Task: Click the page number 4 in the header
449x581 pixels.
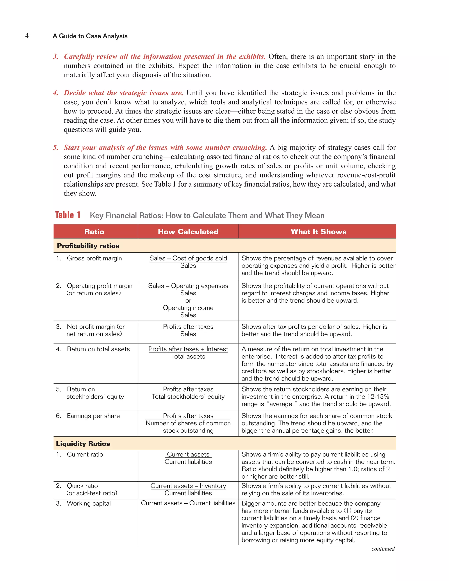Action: pos(27,36)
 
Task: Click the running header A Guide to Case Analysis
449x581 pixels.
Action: pos(90,36)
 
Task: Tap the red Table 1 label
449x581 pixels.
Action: pos(68,215)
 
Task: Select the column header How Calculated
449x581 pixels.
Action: pos(188,232)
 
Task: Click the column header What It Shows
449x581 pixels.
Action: pos(318,232)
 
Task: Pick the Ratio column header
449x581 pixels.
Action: pos(94,232)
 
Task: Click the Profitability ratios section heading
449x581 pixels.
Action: pos(88,246)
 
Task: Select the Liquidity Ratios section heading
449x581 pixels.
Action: pos(83,444)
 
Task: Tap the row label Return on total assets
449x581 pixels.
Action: pos(98,349)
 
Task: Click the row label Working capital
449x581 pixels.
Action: pos(89,503)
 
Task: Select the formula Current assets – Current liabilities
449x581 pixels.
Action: pos(188,503)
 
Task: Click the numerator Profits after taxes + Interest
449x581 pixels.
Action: pos(188,349)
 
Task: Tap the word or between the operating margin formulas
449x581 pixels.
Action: pos(188,301)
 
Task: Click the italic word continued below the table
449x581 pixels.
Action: pos(383,549)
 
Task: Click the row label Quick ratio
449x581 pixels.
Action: pos(82,486)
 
